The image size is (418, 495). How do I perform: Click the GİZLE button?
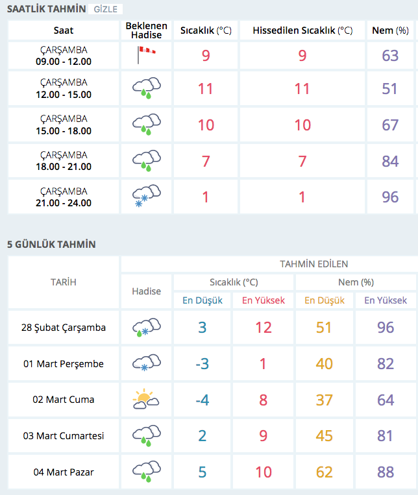(x=105, y=9)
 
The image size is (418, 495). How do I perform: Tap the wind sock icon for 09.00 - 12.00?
(x=146, y=55)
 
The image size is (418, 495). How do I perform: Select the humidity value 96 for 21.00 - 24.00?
(x=390, y=197)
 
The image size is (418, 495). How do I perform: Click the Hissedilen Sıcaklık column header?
(x=302, y=30)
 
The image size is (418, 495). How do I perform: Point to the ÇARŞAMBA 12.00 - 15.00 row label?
(x=64, y=88)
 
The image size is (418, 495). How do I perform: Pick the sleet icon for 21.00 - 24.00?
(x=146, y=197)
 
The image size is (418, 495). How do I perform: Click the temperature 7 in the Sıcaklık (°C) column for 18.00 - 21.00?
(x=206, y=160)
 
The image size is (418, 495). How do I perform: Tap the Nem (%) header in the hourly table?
(x=390, y=30)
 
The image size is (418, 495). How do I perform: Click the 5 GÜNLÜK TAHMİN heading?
(x=51, y=244)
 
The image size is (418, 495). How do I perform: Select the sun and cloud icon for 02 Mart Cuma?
(x=146, y=400)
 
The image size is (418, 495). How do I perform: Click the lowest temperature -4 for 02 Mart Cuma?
(x=203, y=400)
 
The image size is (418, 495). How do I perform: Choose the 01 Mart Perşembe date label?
(x=64, y=364)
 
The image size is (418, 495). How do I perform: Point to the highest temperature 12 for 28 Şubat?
(x=263, y=328)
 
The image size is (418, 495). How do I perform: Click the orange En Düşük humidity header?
(x=324, y=300)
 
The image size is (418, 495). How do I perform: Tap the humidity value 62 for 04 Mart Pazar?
(x=324, y=472)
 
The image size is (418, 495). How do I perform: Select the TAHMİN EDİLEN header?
(x=313, y=264)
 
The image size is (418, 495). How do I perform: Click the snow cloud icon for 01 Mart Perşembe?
(x=146, y=364)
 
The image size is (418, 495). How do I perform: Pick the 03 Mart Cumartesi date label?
(x=64, y=436)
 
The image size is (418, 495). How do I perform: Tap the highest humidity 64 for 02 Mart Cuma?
(x=386, y=400)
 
